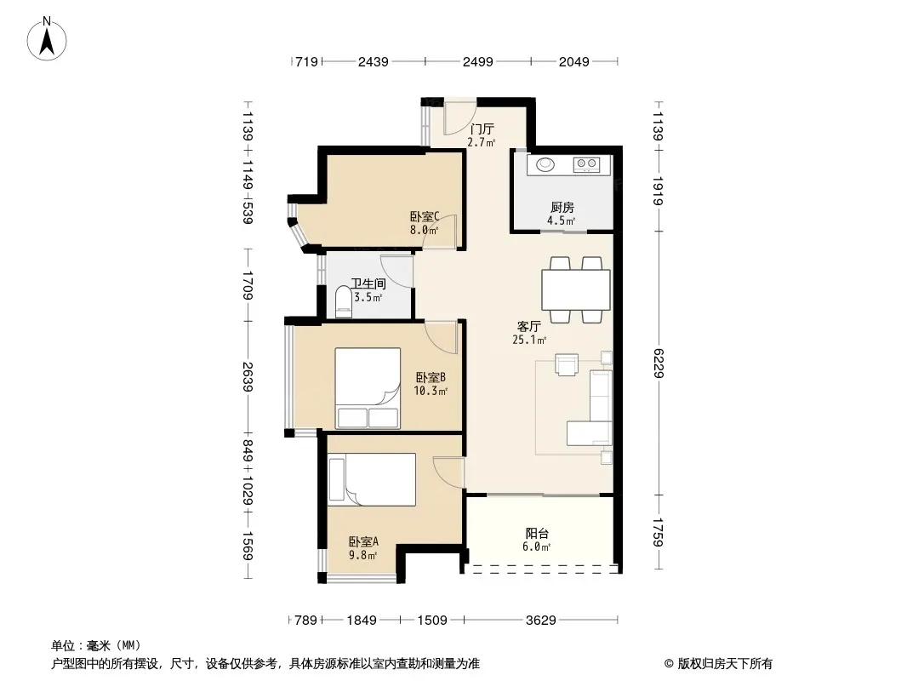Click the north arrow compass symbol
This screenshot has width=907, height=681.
point(47,39)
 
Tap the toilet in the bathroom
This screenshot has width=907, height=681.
point(344,302)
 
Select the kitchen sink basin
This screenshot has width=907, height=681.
point(545,165)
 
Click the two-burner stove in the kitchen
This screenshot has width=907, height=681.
point(586,165)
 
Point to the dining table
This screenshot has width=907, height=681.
point(575,290)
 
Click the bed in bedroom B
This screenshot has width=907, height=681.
point(368,387)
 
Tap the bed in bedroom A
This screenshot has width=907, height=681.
point(371,479)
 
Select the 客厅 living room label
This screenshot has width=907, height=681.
point(528,326)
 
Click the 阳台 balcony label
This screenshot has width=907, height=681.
point(537,534)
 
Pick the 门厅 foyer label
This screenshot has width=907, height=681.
point(482,129)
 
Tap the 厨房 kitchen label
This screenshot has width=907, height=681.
point(562,207)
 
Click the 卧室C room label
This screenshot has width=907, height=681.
point(425,217)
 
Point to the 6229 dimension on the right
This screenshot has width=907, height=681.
point(658,363)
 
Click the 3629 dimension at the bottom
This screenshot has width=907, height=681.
point(541,621)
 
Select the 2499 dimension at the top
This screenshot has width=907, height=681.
point(478,61)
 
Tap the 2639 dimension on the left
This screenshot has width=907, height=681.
point(248,376)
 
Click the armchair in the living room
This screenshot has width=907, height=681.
point(567,364)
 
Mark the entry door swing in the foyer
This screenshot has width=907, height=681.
point(459,118)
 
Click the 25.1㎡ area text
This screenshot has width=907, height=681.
point(529,340)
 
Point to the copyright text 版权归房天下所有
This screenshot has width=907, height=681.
point(725,664)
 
